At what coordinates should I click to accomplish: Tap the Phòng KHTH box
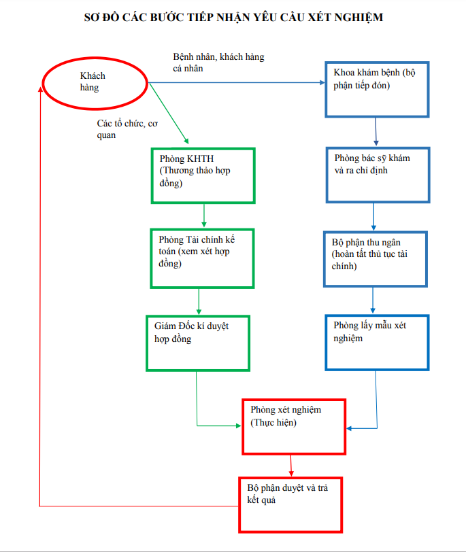[203, 175]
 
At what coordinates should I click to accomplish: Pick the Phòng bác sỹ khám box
[378, 175]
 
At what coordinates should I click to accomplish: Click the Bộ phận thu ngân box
[376, 259]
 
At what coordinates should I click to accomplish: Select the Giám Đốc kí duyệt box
[198, 343]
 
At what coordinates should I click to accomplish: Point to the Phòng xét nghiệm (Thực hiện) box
[294, 426]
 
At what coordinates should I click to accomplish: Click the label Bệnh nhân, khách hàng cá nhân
[218, 63]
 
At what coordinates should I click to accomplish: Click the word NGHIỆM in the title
[355, 18]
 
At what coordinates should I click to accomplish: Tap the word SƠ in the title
[92, 18]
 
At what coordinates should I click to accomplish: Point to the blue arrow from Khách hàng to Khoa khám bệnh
[238, 83]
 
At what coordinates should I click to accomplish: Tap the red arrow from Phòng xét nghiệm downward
[291, 465]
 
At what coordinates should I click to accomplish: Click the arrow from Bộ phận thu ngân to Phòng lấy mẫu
[373, 300]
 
